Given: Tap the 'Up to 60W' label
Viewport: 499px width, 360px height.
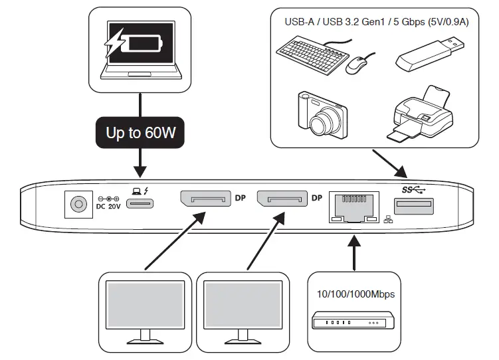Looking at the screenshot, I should click(140, 132).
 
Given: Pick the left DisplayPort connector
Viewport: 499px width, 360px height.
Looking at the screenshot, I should click(203, 199).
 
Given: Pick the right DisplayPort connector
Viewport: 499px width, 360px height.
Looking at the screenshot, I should click(282, 199).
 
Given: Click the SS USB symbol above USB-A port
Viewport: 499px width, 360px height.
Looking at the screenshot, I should click(412, 189).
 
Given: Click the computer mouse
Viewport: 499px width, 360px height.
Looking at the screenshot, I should click(357, 65).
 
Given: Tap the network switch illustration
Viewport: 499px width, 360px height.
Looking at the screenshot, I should click(353, 323).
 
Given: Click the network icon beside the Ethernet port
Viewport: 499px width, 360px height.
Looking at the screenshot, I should click(388, 219).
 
